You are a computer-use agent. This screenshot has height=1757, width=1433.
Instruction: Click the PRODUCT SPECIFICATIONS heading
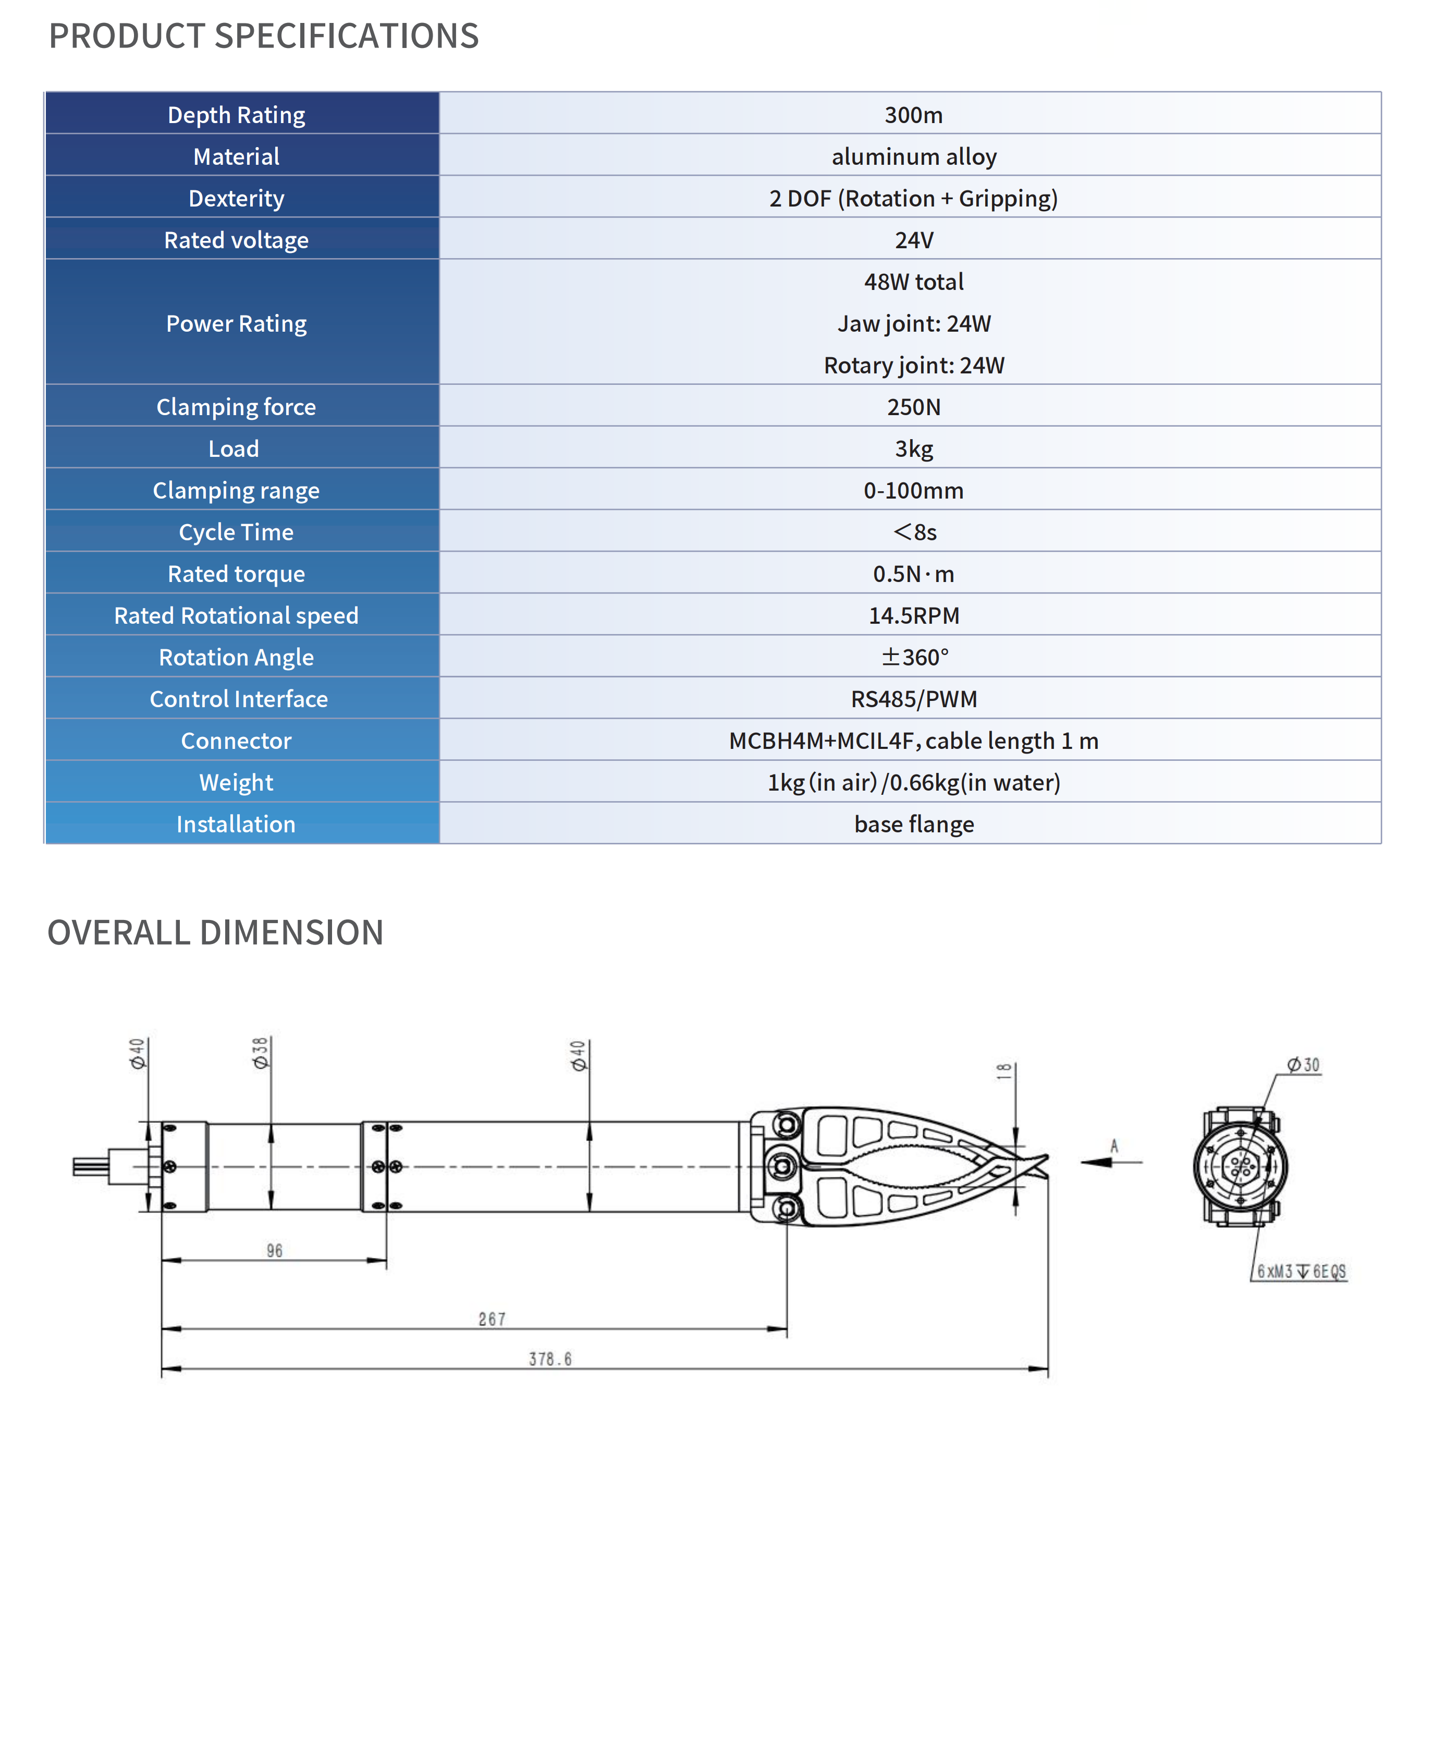tap(263, 37)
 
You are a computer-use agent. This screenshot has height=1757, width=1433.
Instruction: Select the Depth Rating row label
tap(236, 115)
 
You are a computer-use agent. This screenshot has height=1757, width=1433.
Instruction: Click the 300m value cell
tap(913, 115)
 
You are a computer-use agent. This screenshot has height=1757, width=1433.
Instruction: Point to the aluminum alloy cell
tap(913, 157)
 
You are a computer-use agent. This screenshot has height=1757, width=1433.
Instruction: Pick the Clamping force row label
tap(236, 407)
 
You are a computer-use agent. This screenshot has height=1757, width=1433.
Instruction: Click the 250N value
tap(913, 407)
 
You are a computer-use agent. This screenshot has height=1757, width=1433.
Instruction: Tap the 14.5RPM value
tap(913, 616)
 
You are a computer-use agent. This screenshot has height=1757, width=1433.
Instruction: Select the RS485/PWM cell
tap(913, 699)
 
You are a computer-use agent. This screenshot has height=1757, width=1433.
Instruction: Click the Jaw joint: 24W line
tap(913, 324)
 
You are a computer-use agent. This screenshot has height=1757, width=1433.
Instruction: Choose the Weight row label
tap(236, 783)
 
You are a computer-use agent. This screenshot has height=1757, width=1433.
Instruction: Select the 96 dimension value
tap(274, 1251)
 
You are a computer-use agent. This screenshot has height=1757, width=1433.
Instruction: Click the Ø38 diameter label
tap(261, 1053)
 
